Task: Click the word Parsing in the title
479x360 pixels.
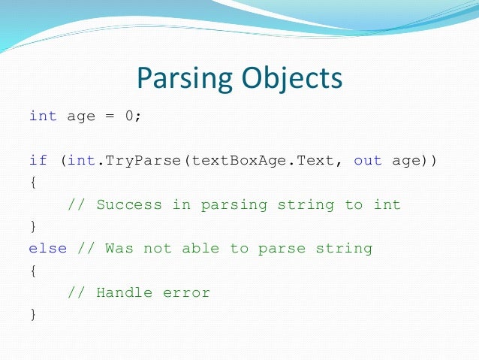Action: (182, 78)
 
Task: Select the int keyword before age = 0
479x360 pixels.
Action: (43, 116)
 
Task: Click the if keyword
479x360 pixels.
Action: (38, 160)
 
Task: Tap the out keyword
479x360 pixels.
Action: (369, 160)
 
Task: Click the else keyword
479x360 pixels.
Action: (47, 248)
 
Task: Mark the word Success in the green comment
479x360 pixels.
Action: (124, 204)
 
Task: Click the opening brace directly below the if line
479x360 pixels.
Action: (32, 183)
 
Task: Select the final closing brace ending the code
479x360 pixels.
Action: (32, 314)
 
